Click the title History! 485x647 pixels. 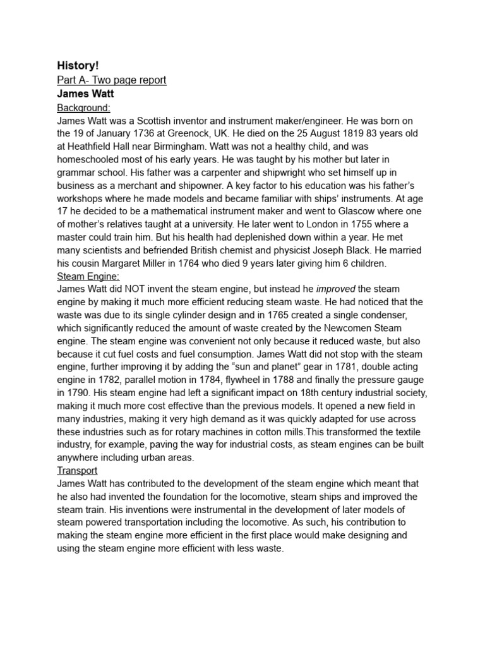point(78,66)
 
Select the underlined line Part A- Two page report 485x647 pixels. point(112,80)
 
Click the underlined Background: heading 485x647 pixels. point(83,107)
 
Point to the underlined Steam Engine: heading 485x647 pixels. point(88,276)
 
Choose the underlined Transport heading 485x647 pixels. point(77,471)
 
